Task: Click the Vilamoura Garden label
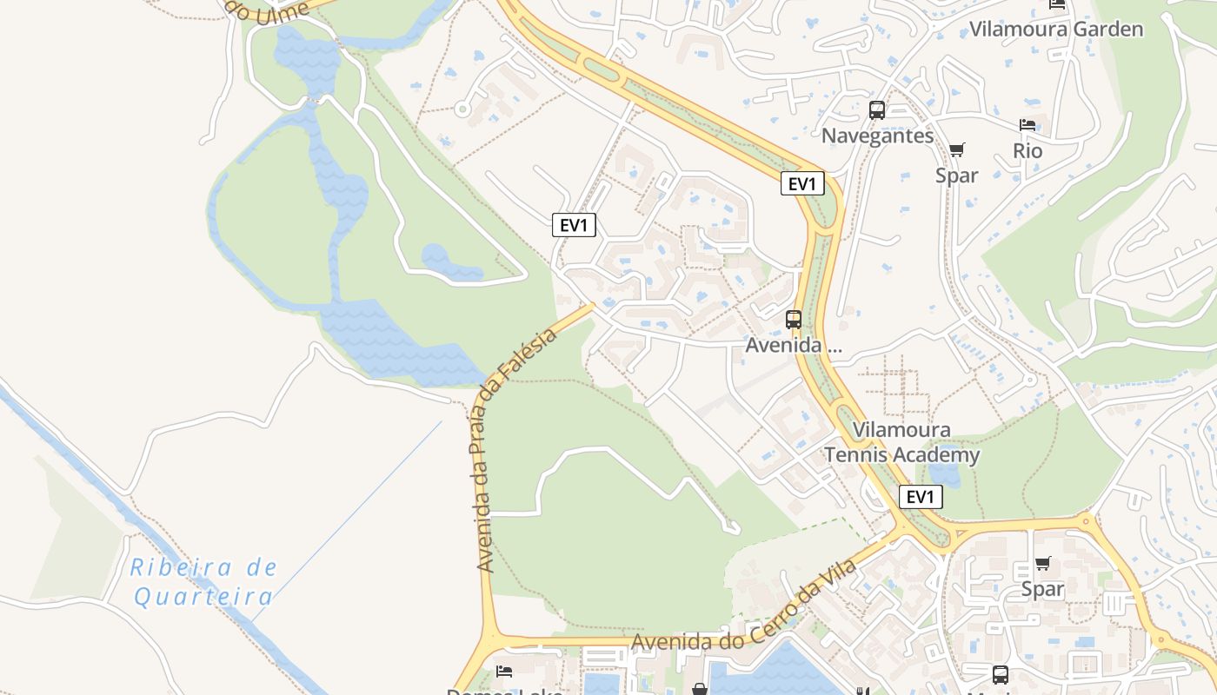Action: [x=1056, y=29]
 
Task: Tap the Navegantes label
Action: [x=877, y=136]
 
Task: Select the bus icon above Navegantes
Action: [x=877, y=110]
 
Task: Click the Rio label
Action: [x=1027, y=150]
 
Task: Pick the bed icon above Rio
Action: [x=1027, y=125]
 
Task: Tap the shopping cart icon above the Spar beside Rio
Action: [x=957, y=149]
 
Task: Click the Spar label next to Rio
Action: [x=957, y=175]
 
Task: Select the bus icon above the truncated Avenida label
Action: [x=794, y=319]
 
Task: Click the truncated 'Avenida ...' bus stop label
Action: [x=794, y=345]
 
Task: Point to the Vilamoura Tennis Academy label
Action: [x=901, y=442]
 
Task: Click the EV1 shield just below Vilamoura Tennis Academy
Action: [x=920, y=497]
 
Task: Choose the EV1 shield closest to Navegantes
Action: [x=801, y=184]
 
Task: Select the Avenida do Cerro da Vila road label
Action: [x=744, y=608]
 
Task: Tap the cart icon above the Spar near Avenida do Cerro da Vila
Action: [x=1043, y=563]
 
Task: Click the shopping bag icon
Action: [x=700, y=689]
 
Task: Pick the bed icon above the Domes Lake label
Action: [x=504, y=671]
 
